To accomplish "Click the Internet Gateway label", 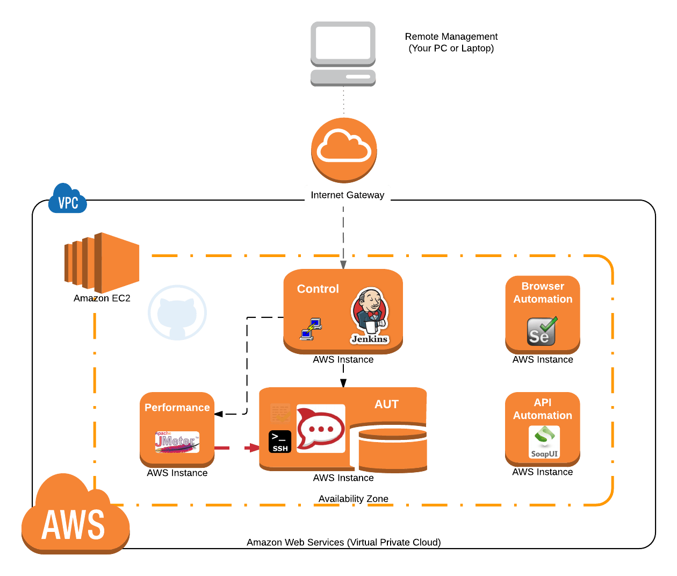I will pyautogui.click(x=348, y=195).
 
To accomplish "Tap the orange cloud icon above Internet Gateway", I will pyautogui.click(x=344, y=148).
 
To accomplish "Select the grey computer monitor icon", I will pyautogui.click(x=343, y=53).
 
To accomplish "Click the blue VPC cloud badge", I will pyautogui.click(x=68, y=201).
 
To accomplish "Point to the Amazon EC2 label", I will pyautogui.click(x=102, y=298).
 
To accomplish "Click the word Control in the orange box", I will pyautogui.click(x=318, y=289).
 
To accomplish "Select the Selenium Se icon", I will pyautogui.click(x=542, y=331).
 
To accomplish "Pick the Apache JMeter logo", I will pyautogui.click(x=177, y=442).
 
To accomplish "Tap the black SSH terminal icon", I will pyautogui.click(x=280, y=442).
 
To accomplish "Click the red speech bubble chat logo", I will pyautogui.click(x=321, y=429).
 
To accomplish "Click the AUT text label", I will pyautogui.click(x=386, y=404).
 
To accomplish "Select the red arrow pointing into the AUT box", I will pyautogui.click(x=251, y=447).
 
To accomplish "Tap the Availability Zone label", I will pyautogui.click(x=353, y=499).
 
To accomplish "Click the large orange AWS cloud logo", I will pyautogui.click(x=75, y=517).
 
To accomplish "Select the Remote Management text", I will pyautogui.click(x=451, y=42).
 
